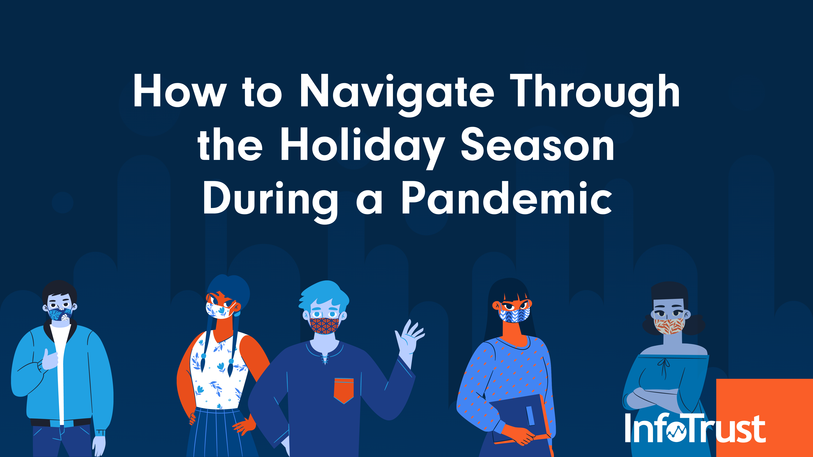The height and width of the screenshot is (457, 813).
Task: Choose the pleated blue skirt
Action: [221, 432]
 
